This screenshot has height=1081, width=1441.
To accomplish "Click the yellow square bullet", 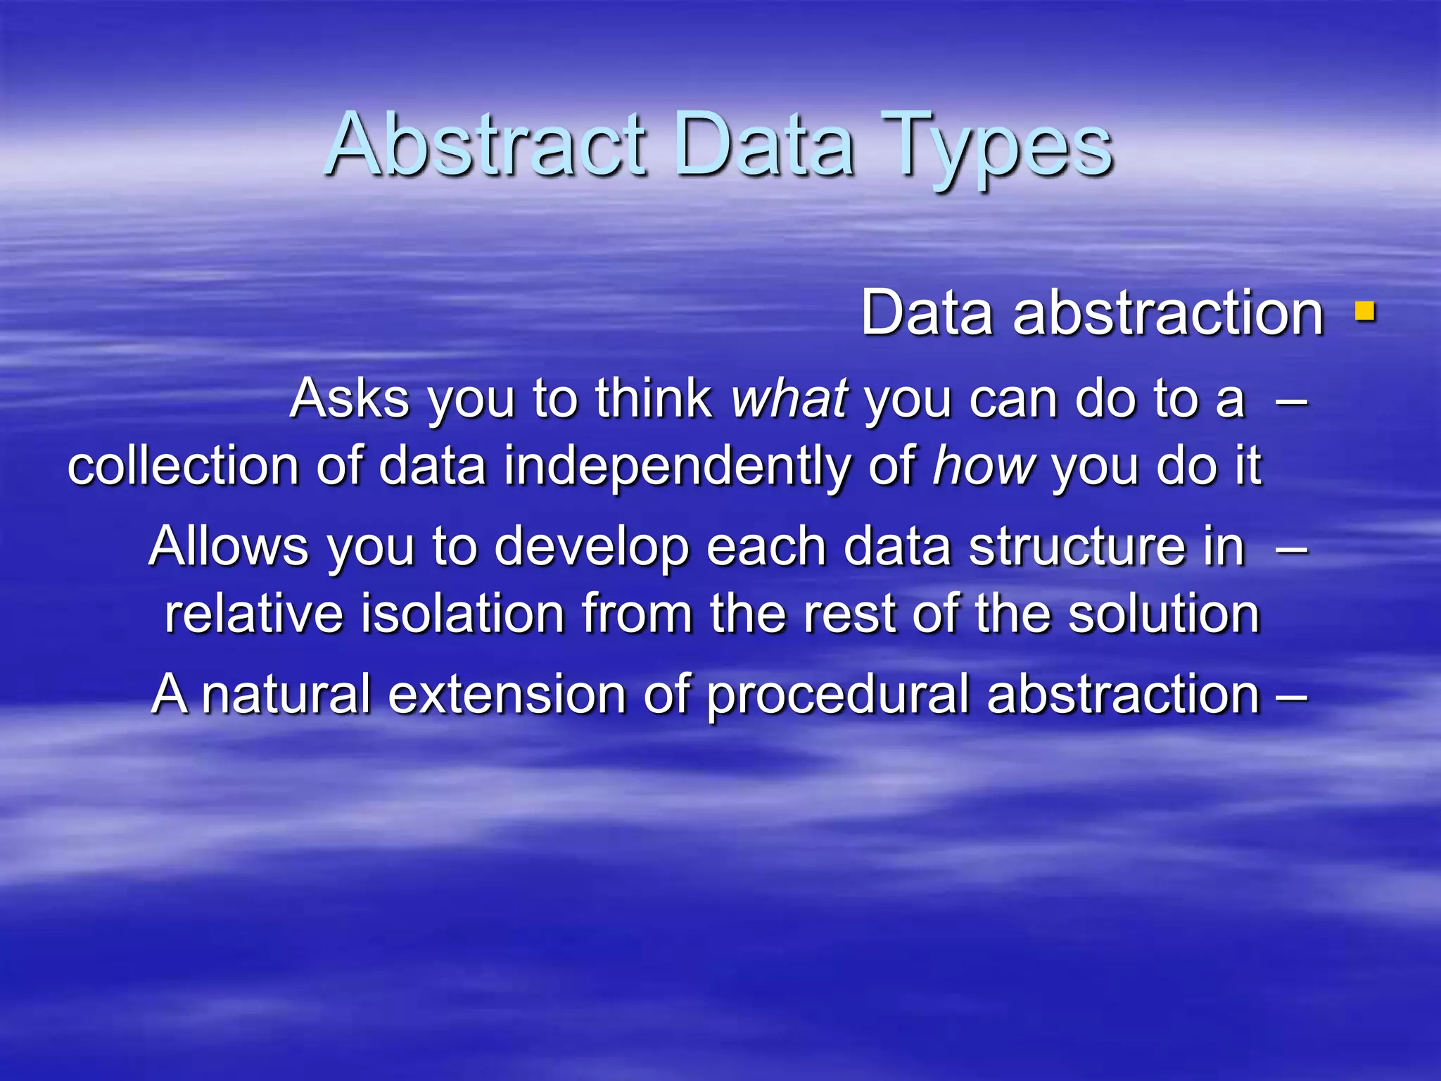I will point(1365,311).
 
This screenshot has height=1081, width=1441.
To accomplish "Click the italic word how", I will point(984,466).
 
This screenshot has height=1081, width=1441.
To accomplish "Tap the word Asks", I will point(349,398).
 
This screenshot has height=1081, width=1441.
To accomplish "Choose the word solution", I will point(1164,614).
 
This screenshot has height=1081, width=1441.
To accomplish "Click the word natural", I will point(286,694).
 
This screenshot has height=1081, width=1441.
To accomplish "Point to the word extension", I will point(507,694).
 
